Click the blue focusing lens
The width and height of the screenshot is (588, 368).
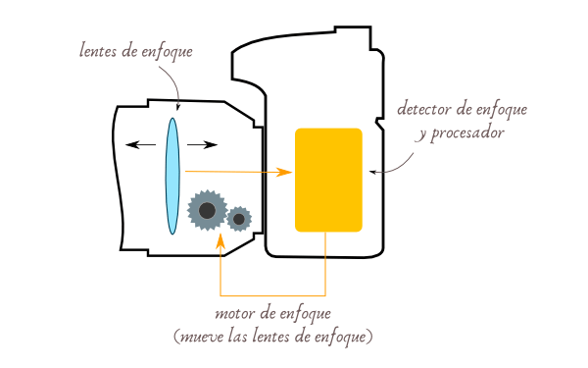point(172,177)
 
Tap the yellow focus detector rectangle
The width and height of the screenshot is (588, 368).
point(328,180)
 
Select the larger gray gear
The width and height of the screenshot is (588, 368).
point(207,210)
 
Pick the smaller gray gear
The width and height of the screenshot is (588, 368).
point(239,218)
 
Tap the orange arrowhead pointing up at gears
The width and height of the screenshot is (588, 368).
point(220,237)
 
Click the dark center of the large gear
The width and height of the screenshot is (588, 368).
point(207,210)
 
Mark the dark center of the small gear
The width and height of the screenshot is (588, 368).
point(239,218)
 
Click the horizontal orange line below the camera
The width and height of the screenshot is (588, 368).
point(273,295)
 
